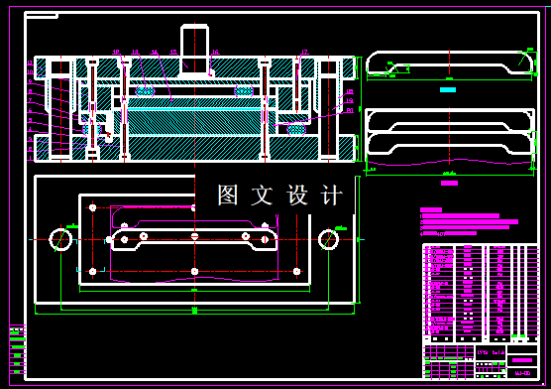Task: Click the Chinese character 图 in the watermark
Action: click(229, 194)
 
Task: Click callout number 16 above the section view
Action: click(116, 52)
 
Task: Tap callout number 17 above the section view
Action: click(303, 52)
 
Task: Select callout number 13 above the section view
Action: click(136, 52)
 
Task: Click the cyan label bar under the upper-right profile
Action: click(447, 89)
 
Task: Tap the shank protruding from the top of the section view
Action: click(196, 48)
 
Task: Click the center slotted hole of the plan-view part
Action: click(194, 236)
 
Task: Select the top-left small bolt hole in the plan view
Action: click(92, 207)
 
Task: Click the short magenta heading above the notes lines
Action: click(431, 210)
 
